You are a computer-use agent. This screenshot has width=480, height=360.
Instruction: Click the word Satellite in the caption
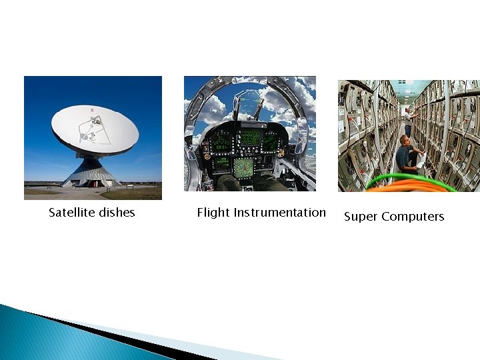point(71,213)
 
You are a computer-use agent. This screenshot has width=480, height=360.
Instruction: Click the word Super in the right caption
point(360,217)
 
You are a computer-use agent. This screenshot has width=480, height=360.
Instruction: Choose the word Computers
point(412,217)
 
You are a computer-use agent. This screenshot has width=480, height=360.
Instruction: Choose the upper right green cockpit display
point(271,141)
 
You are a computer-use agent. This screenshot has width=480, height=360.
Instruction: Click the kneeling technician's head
point(404,140)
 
